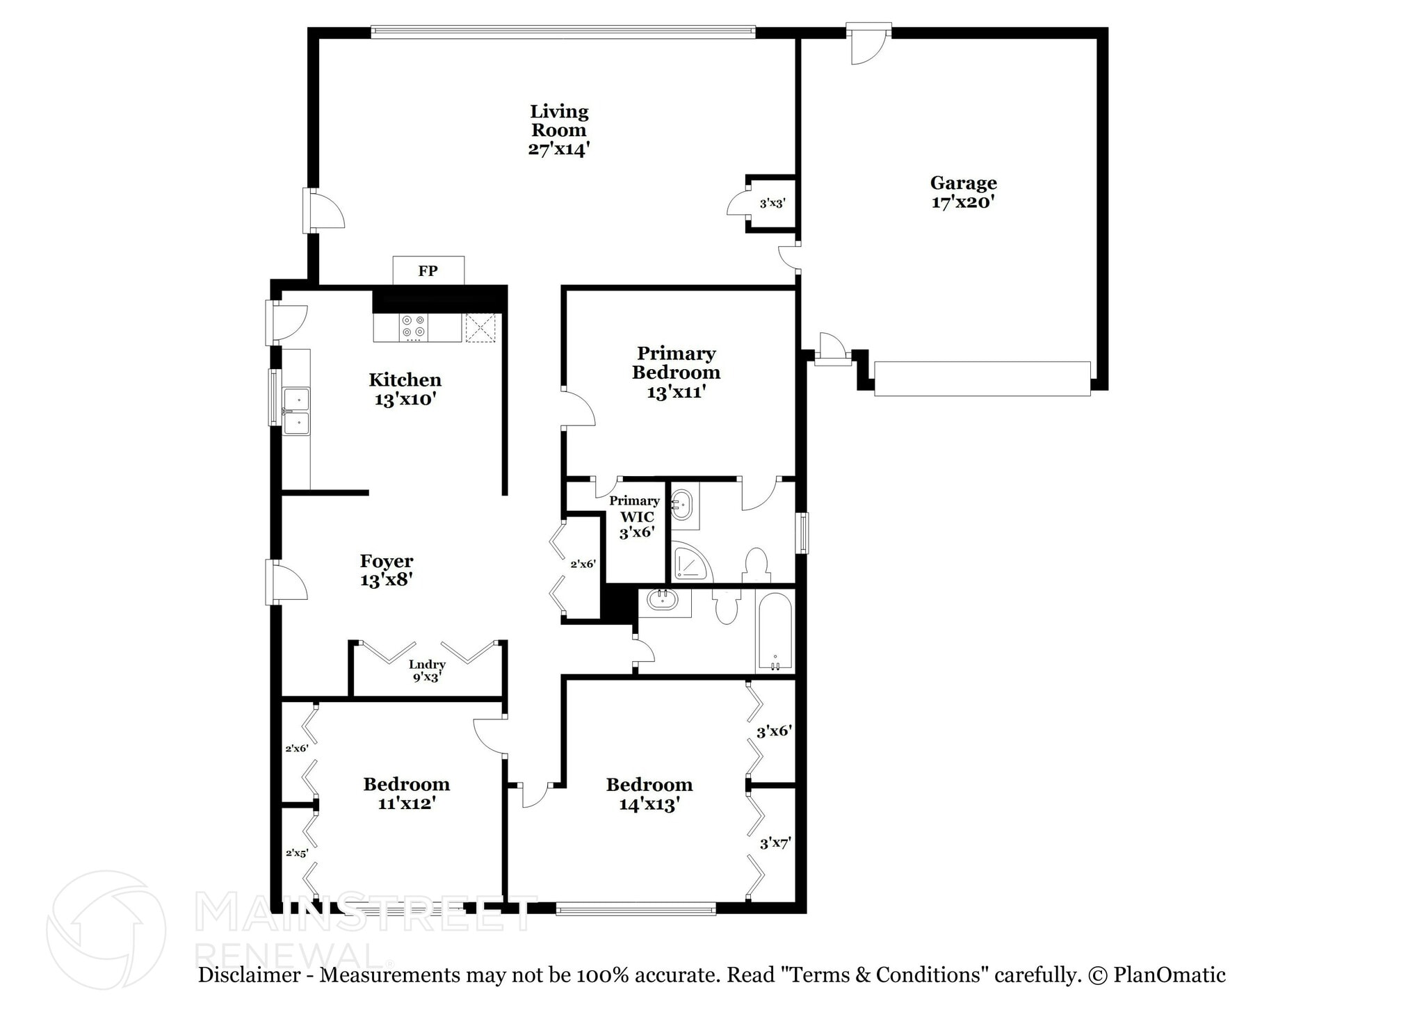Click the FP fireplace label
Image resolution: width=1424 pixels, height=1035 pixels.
tap(428, 271)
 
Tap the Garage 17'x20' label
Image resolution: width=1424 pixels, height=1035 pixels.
tap(963, 193)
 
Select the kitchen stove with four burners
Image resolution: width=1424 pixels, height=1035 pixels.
tap(414, 327)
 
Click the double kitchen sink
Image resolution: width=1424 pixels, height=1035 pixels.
tap(296, 411)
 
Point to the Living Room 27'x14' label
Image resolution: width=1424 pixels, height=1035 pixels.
tap(559, 130)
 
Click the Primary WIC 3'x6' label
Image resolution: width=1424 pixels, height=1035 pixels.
tap(635, 516)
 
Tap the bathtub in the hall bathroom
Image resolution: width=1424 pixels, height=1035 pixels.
tap(775, 631)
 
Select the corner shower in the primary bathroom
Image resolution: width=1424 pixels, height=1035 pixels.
tap(690, 562)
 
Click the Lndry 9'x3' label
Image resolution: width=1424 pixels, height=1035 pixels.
tap(426, 671)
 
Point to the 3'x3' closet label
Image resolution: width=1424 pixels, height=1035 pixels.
tap(772, 204)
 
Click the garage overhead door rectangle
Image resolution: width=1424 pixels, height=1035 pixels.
tap(982, 379)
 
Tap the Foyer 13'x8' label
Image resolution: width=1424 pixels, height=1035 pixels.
tap(387, 570)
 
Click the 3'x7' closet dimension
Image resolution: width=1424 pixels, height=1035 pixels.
tap(775, 843)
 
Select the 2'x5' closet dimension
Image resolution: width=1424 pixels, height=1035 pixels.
tap(297, 853)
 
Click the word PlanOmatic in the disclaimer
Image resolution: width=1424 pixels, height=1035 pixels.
tap(1169, 975)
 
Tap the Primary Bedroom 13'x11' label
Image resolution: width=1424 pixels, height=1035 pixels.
tap(676, 373)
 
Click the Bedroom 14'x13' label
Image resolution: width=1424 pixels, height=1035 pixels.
tap(649, 794)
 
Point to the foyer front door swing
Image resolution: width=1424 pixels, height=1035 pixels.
tap(289, 581)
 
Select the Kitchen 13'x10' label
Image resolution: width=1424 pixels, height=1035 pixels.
tap(405, 389)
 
